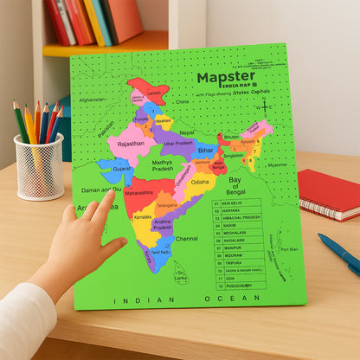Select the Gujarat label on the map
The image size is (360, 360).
pyautogui.click(x=121, y=169)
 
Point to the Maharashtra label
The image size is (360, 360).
pyautogui.click(x=138, y=193)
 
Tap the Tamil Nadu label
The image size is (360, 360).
pyautogui.click(x=161, y=252)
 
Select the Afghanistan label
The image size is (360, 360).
pyautogui.click(x=92, y=100)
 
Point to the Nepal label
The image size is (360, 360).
pyautogui.click(x=187, y=132)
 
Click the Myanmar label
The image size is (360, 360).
pyautogui.click(x=277, y=164)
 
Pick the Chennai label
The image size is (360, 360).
pyautogui.click(x=186, y=238)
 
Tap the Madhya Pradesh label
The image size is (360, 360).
pyautogui.click(x=163, y=166)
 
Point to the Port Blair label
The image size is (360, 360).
pyautogui.click(x=287, y=250)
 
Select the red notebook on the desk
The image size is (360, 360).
pyautogui.click(x=330, y=194)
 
